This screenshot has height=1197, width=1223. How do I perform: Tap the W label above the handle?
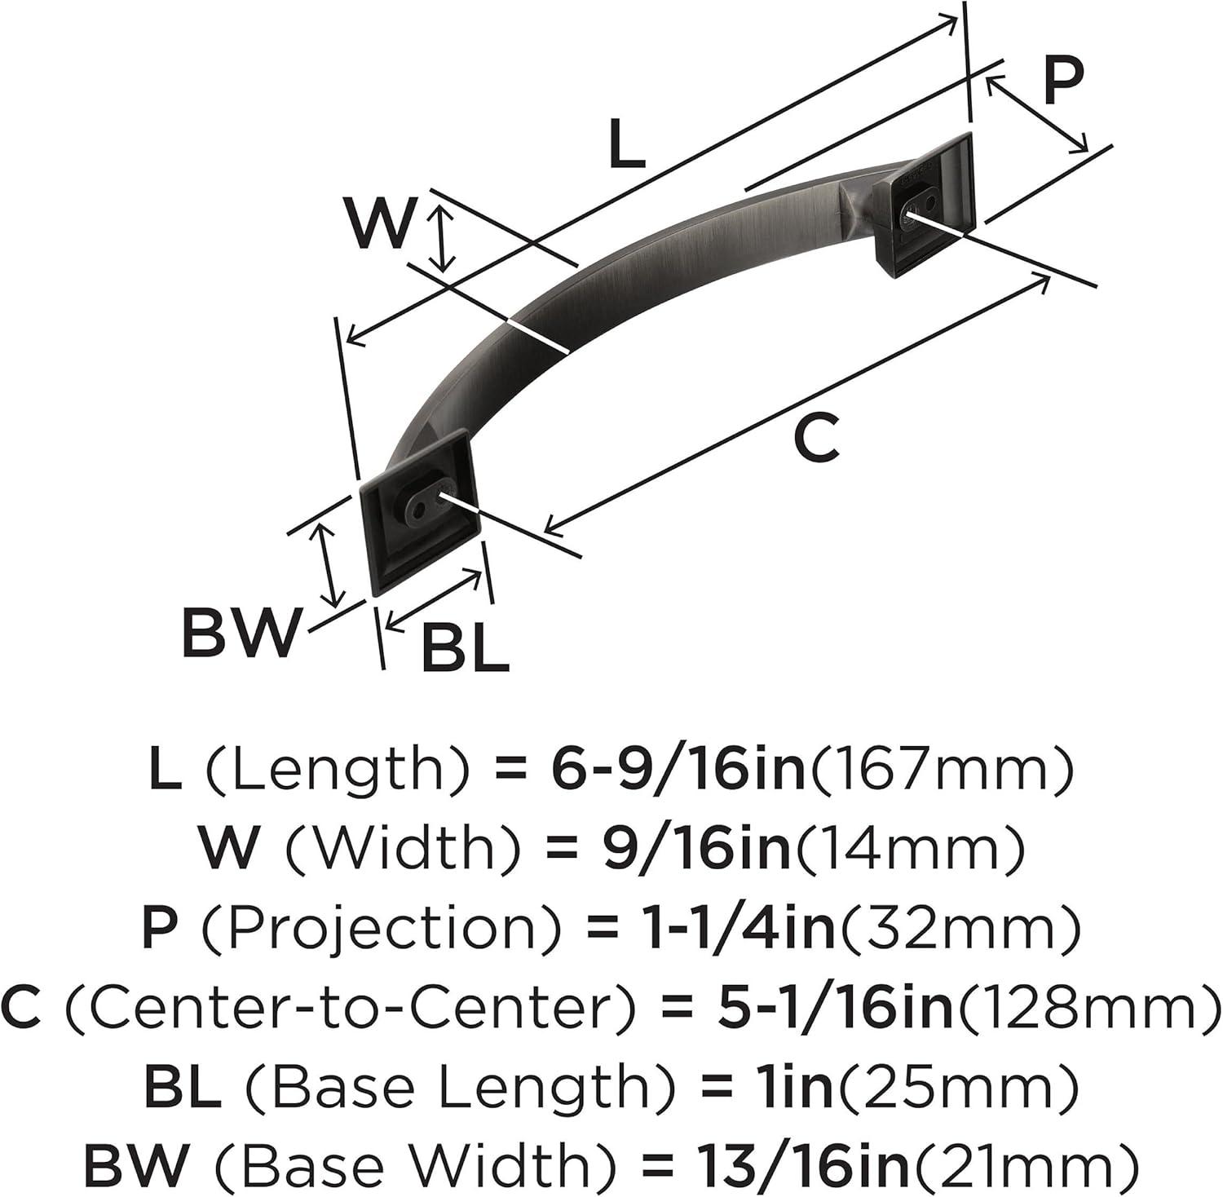[x=380, y=223]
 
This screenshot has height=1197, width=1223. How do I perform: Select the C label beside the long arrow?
[x=815, y=439]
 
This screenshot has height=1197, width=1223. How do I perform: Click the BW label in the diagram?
[x=240, y=632]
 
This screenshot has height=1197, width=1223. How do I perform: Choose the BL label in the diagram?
[x=465, y=649]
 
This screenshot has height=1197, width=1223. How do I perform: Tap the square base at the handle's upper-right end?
[x=924, y=205]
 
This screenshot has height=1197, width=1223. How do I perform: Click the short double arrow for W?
[x=442, y=237]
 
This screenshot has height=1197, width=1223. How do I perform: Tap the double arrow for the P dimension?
[x=1036, y=113]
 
